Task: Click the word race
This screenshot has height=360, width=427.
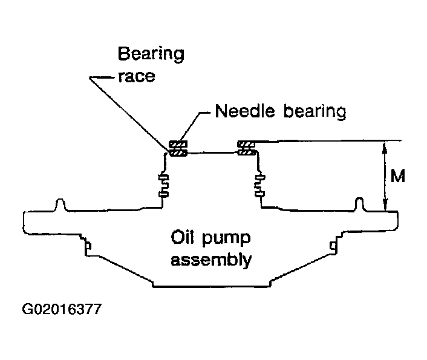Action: tap(137, 77)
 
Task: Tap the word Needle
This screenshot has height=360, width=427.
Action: tap(244, 111)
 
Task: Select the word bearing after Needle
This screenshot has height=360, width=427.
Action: tap(315, 112)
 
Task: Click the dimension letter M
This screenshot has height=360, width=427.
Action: tap(398, 176)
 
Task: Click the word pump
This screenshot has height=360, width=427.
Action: tap(226, 239)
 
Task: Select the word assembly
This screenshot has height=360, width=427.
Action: tap(211, 260)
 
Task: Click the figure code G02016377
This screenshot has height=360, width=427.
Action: tap(62, 309)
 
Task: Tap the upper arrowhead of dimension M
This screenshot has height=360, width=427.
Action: tap(384, 146)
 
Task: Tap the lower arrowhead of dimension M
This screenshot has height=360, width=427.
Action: tap(385, 206)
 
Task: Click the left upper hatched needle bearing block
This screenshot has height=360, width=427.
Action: tap(178, 144)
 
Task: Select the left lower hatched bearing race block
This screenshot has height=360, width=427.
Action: tap(178, 153)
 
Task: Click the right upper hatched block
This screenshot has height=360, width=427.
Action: tap(246, 144)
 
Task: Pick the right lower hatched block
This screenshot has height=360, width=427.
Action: tap(247, 152)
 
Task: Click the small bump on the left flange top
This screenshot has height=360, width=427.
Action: tap(60, 205)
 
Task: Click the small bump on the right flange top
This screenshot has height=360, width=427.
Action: tap(360, 204)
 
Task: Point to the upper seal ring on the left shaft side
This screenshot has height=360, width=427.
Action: tap(164, 178)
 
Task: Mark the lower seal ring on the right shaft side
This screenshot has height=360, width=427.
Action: tap(259, 194)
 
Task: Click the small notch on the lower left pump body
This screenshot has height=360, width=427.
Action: tap(88, 246)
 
